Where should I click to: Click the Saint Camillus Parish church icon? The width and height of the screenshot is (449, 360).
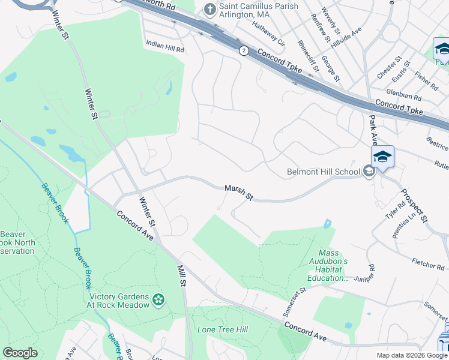click(x=209, y=9)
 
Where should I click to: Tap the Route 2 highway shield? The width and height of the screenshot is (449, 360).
click(x=244, y=51)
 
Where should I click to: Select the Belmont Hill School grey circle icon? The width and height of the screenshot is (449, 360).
click(x=369, y=172)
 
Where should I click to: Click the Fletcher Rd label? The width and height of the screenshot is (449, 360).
click(x=428, y=262)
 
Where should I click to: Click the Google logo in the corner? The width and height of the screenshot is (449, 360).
click(x=20, y=353)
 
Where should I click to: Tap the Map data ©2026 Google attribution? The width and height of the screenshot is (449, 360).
click(x=411, y=355)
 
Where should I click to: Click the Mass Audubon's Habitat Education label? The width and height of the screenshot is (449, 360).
click(x=333, y=266)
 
